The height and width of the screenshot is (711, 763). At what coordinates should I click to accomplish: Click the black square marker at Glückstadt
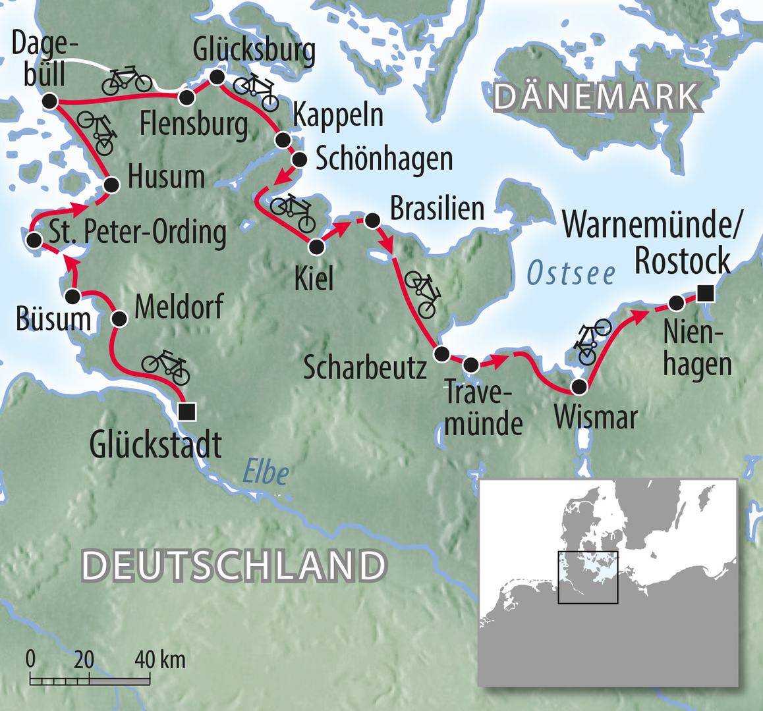187,411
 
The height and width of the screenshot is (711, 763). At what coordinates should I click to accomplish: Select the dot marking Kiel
317,247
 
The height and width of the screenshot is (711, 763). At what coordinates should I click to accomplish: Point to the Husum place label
166,178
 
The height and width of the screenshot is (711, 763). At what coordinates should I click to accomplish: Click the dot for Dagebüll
49,101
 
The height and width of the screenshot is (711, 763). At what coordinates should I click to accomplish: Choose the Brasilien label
437,209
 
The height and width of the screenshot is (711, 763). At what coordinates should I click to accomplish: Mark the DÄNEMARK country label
596,97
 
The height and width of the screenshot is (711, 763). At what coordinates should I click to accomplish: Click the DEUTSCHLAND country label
234,566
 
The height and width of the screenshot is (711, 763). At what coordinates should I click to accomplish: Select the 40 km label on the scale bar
160,659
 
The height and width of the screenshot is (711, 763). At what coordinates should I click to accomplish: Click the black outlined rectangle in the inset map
588,577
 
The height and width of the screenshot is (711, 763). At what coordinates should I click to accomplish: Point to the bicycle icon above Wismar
591,341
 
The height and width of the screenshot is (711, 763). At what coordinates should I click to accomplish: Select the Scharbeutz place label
365,369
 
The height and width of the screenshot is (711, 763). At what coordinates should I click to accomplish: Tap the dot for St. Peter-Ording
32,240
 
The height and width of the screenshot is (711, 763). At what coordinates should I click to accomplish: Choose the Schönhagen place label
384,159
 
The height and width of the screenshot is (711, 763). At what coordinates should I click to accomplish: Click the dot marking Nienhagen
676,303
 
